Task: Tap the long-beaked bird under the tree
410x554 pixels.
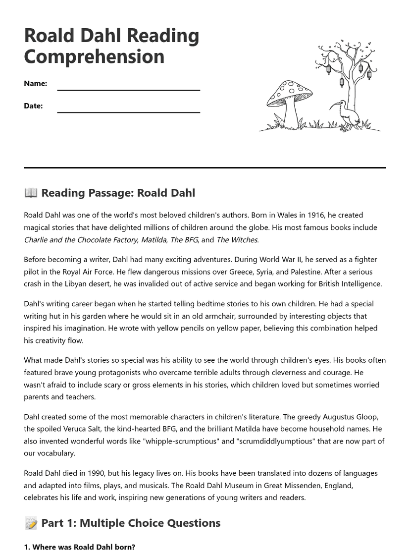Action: (x=347, y=116)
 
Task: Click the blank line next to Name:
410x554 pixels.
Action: (x=128, y=86)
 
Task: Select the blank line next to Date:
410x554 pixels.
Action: (x=128, y=108)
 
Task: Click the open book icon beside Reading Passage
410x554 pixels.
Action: (x=31, y=193)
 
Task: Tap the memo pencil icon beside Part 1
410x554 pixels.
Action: (x=31, y=523)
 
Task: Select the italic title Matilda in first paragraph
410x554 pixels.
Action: (x=154, y=240)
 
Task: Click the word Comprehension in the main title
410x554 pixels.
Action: (x=94, y=56)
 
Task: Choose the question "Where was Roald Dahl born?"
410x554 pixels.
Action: (x=79, y=547)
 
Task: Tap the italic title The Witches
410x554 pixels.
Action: (x=237, y=240)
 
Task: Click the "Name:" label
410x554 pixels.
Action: (x=35, y=83)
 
